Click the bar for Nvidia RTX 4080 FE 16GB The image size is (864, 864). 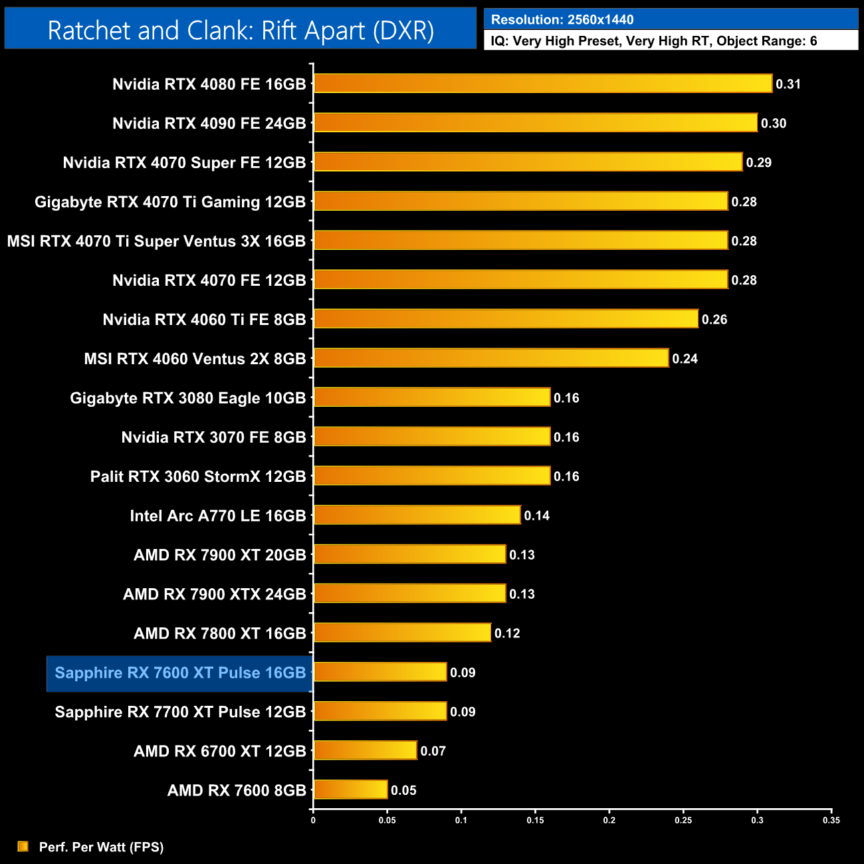pos(542,84)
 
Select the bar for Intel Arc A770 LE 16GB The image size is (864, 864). pos(417,515)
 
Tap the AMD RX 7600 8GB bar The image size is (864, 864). pos(350,790)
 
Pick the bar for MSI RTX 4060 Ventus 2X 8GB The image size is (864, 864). pos(490,358)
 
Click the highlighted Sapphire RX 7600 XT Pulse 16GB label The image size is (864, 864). pos(180,673)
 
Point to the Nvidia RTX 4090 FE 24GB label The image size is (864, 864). pos(209,124)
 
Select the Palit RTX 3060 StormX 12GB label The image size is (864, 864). pos(198,477)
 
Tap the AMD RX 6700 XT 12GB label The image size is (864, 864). pos(220,751)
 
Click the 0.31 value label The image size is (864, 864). pos(788,84)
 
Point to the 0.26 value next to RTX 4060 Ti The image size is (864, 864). pos(714,320)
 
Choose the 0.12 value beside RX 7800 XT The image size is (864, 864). pos(507,633)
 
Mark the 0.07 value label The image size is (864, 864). pos(433,751)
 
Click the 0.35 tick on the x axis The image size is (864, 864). pos(831,820)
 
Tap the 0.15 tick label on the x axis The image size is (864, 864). pos(535,820)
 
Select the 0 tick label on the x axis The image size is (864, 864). pos(313,820)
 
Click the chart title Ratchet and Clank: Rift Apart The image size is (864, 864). pos(241,31)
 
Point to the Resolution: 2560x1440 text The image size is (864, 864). pos(562,20)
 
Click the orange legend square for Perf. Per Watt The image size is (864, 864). pos(23,846)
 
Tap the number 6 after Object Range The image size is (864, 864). pos(813,41)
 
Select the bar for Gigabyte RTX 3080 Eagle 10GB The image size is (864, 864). pos(432,397)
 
